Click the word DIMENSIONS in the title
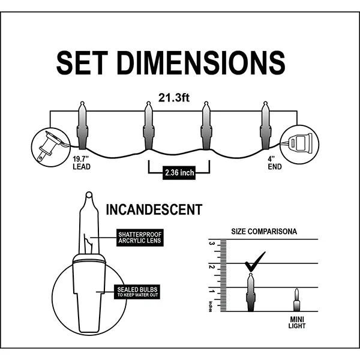(201, 62)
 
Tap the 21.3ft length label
(173, 96)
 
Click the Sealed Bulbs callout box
(138, 292)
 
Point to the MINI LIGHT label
(296, 323)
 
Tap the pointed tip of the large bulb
(88, 194)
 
